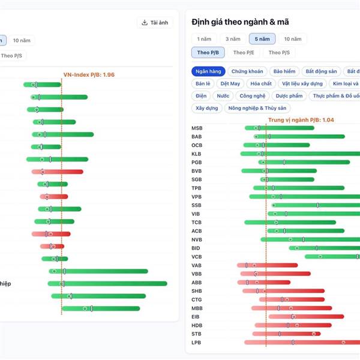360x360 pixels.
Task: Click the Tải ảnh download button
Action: [x=156, y=23]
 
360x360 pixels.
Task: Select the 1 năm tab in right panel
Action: [x=204, y=39]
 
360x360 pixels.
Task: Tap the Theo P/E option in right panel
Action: [x=244, y=53]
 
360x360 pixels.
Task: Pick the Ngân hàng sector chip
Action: [x=208, y=71]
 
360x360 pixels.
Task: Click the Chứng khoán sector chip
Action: [x=247, y=71]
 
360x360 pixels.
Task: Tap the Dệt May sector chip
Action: [x=230, y=84]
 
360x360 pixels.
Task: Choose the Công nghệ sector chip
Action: [x=252, y=96]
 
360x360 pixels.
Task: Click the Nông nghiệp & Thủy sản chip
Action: [x=257, y=109]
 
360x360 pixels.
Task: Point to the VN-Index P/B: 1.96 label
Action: [x=89, y=75]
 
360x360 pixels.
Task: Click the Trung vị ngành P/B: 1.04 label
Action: [x=301, y=120]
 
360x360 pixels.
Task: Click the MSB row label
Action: [x=197, y=128]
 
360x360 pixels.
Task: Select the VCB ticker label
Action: [x=197, y=257]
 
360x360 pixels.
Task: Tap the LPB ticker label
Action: [x=197, y=343]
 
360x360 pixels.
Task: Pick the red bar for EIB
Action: [x=306, y=317]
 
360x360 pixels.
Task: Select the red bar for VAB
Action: [x=268, y=265]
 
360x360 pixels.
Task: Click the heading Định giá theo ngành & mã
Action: [x=240, y=22]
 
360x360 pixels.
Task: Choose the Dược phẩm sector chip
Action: [x=290, y=96]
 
